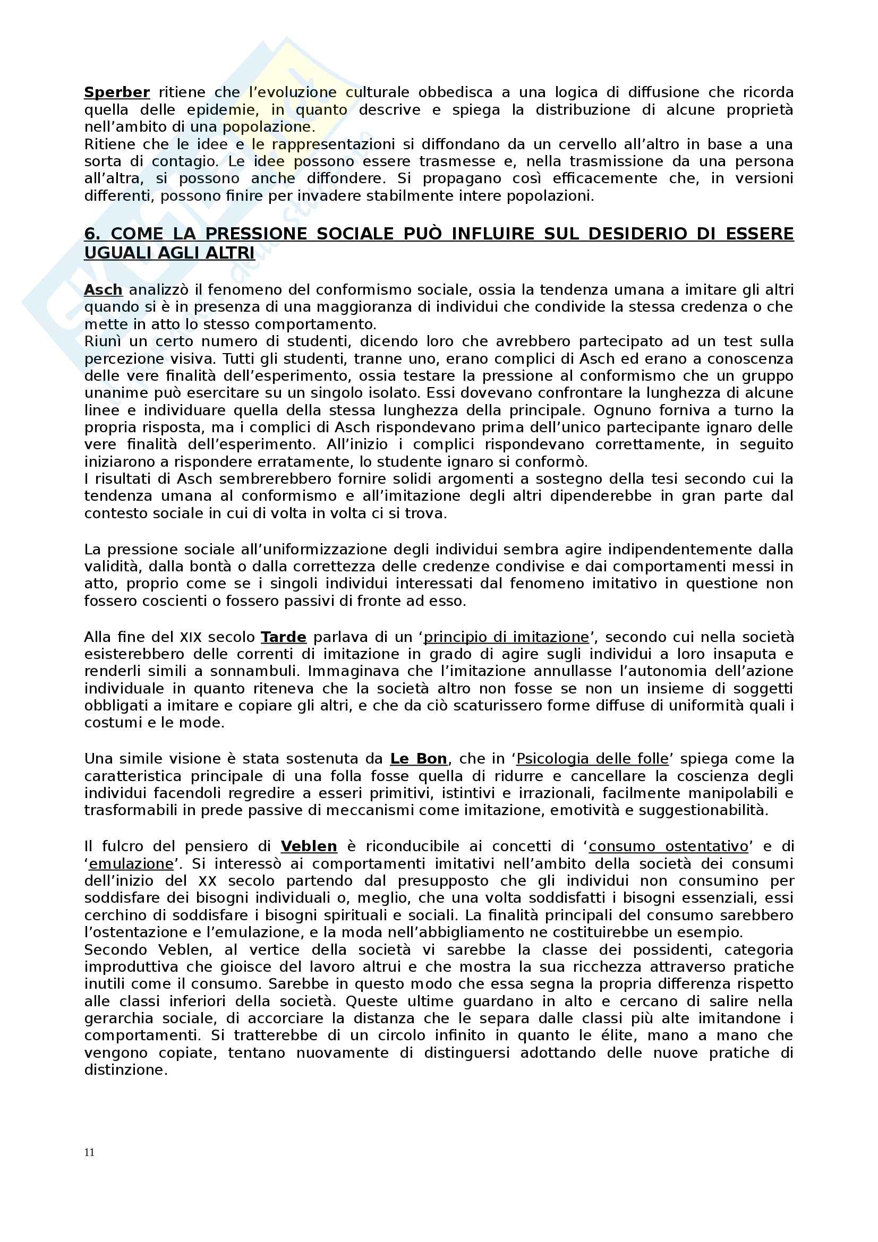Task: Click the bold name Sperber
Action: click(x=117, y=92)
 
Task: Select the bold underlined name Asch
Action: click(x=104, y=290)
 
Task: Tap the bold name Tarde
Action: click(x=284, y=637)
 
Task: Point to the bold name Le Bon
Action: click(x=419, y=758)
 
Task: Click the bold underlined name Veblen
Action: click(x=309, y=846)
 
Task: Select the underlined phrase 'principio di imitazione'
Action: click(x=506, y=637)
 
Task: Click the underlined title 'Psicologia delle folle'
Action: click(x=592, y=758)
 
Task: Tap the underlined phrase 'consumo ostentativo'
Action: click(x=669, y=846)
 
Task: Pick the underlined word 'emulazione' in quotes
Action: click(x=131, y=863)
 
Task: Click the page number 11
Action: click(x=89, y=1152)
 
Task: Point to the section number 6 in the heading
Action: click(x=92, y=234)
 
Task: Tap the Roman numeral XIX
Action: click(x=191, y=637)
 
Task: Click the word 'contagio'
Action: click(x=184, y=161)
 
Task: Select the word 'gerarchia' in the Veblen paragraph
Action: click(x=116, y=1018)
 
